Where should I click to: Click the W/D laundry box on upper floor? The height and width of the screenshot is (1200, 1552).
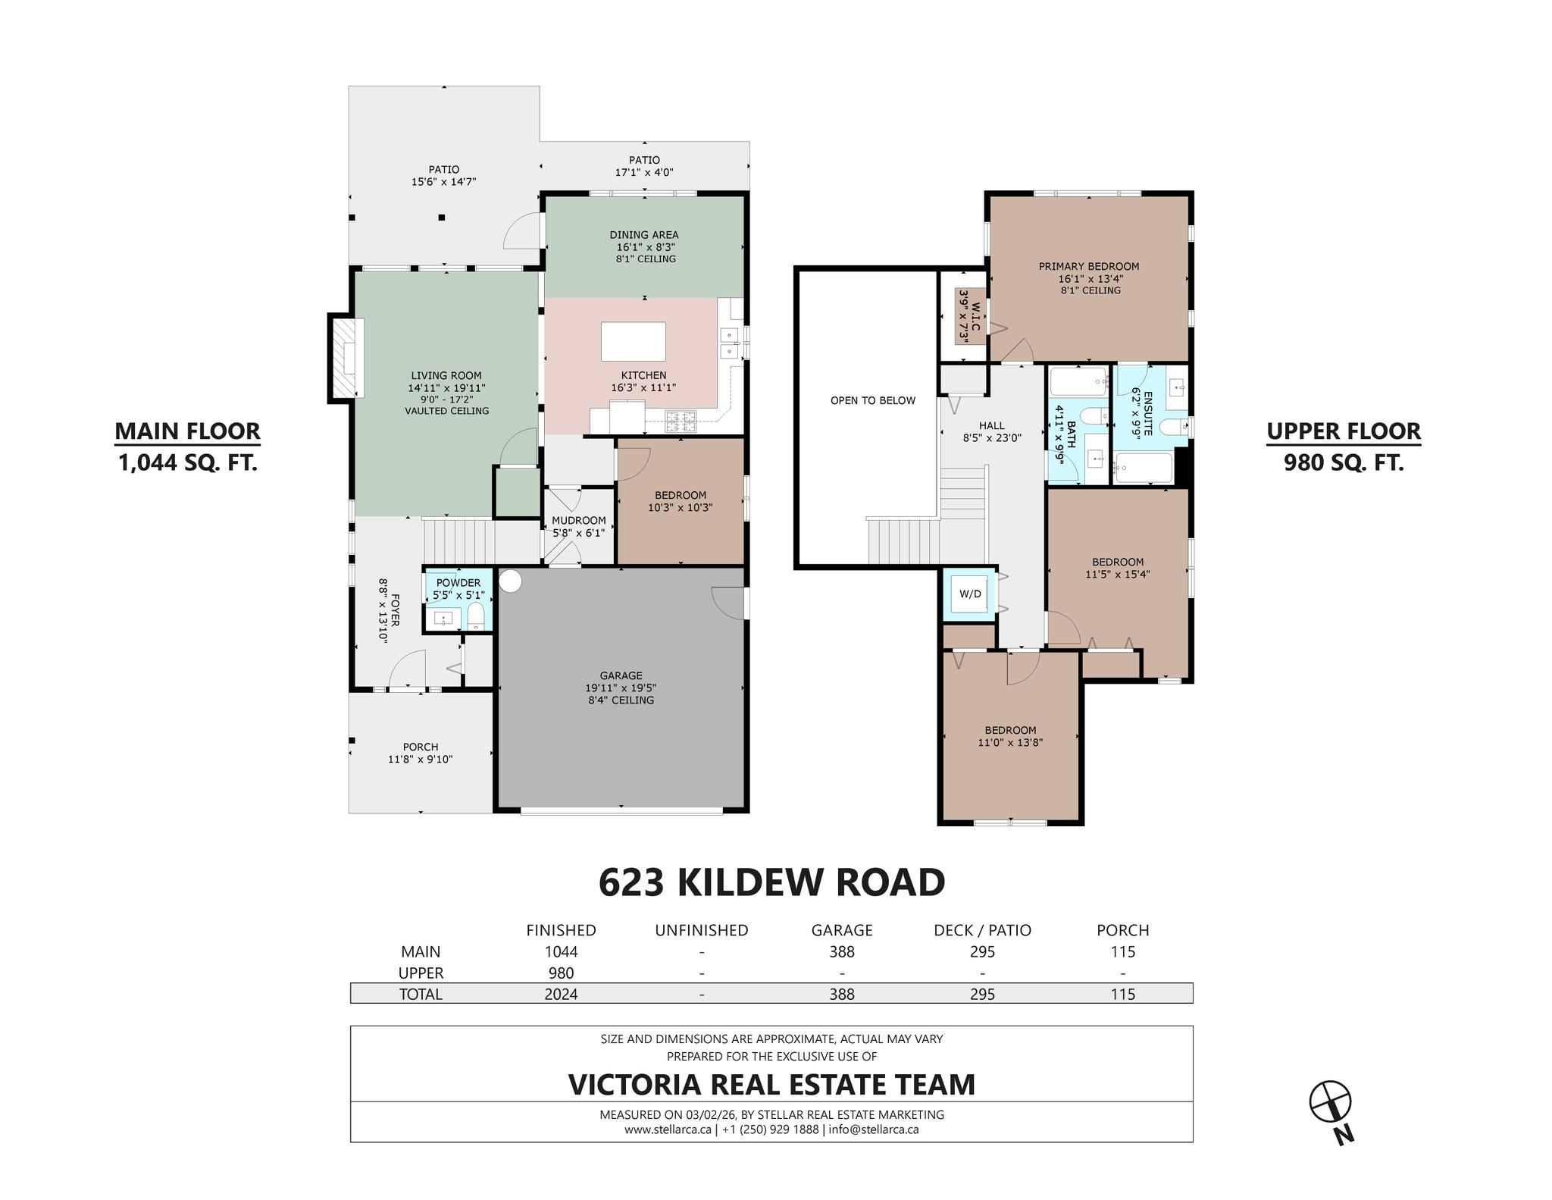tap(969, 594)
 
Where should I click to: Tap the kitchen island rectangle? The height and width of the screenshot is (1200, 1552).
tap(633, 341)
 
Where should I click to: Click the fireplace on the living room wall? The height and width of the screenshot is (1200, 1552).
tap(348, 356)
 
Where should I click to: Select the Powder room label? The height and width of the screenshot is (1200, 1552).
tap(458, 582)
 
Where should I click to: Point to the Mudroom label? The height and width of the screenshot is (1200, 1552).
tap(578, 520)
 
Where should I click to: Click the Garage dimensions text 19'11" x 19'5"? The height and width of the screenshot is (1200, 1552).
tap(620, 688)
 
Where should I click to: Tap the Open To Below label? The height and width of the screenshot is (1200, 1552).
tap(872, 400)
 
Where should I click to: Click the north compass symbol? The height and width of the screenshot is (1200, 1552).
tap(1330, 1101)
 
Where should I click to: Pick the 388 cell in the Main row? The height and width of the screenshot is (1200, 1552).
tap(841, 951)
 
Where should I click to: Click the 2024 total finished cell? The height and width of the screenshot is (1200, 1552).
tap(561, 994)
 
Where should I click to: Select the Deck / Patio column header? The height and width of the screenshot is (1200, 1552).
tap(981, 930)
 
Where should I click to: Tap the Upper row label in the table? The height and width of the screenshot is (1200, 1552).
tap(421, 973)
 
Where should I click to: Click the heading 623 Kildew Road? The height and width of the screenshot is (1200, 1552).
tap(771, 882)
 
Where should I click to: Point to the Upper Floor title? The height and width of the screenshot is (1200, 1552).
tap(1343, 431)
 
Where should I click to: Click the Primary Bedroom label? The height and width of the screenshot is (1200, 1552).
tap(1088, 266)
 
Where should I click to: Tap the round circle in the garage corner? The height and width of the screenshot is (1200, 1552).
tap(511, 581)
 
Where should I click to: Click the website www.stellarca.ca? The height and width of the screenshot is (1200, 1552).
tap(667, 1129)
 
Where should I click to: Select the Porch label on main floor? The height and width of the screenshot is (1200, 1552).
tap(420, 747)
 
